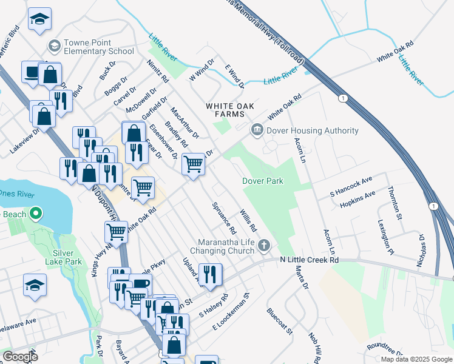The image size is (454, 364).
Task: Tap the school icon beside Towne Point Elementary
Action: [54, 46]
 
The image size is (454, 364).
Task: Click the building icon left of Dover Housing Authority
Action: [257, 130]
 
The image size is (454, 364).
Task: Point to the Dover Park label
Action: [263, 181]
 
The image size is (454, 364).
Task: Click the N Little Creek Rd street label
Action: [308, 260]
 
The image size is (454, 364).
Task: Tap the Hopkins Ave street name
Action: [357, 195]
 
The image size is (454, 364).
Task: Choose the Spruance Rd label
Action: [223, 218]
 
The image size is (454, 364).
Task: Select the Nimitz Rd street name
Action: [157, 71]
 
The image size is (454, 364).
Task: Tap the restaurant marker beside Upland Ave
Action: [210, 274]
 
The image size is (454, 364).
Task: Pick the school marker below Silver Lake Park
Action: [35, 285]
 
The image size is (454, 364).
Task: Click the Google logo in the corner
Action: [20, 357]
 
